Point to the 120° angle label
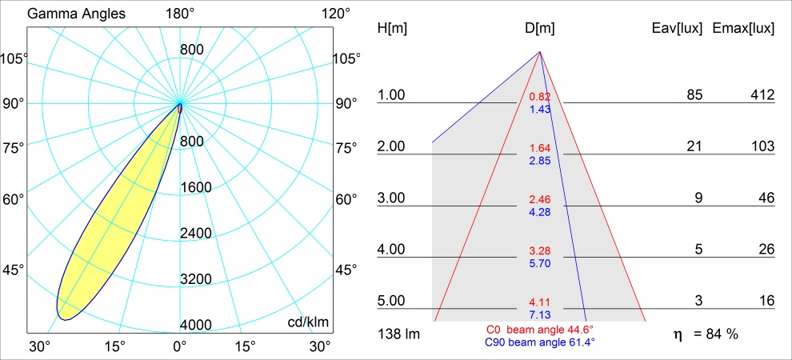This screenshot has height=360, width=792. coord(335,14)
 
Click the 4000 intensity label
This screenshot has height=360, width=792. coord(195,325)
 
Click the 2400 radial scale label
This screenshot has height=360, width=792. coord(195,233)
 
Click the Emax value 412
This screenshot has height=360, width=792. coord(762,95)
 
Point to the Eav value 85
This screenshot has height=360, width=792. coord(694,95)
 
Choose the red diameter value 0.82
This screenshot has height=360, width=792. coord(540,97)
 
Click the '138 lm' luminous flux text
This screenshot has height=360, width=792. coord(398,334)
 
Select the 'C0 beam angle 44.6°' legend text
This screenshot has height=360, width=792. coord(539,330)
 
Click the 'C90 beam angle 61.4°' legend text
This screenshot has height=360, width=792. coord(539,342)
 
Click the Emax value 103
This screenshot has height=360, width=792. coord(762,146)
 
